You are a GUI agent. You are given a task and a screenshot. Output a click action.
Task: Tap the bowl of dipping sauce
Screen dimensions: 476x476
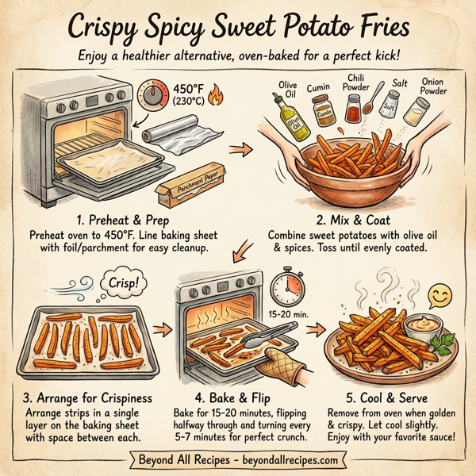[x=423, y=326]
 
